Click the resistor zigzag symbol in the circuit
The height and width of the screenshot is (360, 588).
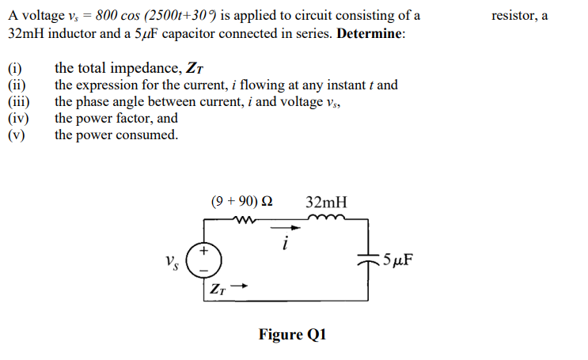pyautogui.click(x=247, y=221)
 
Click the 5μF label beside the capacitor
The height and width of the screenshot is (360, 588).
pyautogui.click(x=398, y=260)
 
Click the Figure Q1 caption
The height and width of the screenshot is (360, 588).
pyautogui.click(x=292, y=335)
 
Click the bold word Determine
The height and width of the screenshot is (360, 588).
pyautogui.click(x=370, y=36)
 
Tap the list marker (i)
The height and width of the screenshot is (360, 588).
pyautogui.click(x=15, y=68)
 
